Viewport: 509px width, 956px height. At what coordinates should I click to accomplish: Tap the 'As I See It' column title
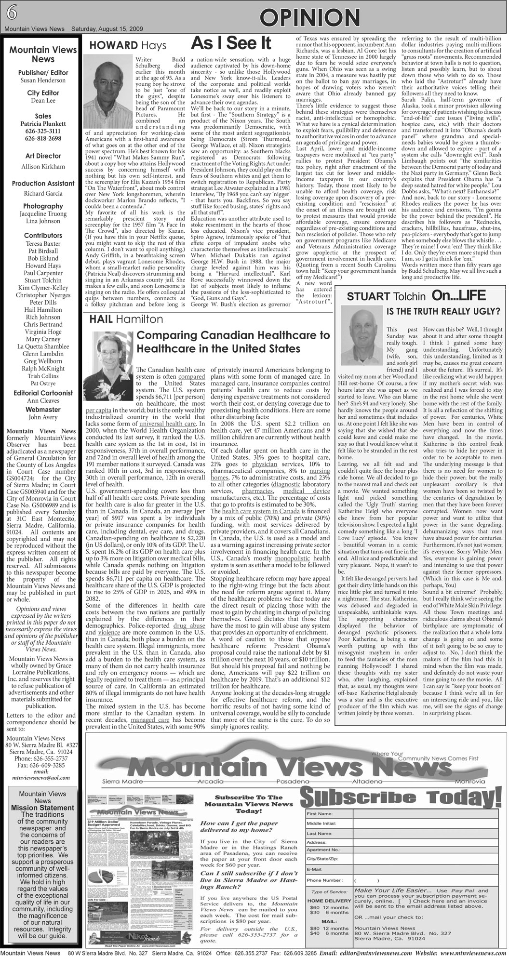point(230,43)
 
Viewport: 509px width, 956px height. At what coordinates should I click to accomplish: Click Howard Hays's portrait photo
point(109,92)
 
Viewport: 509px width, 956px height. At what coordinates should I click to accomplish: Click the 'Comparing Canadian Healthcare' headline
point(233,341)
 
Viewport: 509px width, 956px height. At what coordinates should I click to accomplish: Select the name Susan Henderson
point(43,80)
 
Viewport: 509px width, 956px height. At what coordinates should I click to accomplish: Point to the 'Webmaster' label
point(43,410)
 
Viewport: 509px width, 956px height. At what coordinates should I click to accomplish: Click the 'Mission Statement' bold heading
point(42,808)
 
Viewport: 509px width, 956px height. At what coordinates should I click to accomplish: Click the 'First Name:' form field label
point(318,814)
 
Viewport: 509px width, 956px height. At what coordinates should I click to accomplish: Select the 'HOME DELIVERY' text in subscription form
point(329,901)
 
